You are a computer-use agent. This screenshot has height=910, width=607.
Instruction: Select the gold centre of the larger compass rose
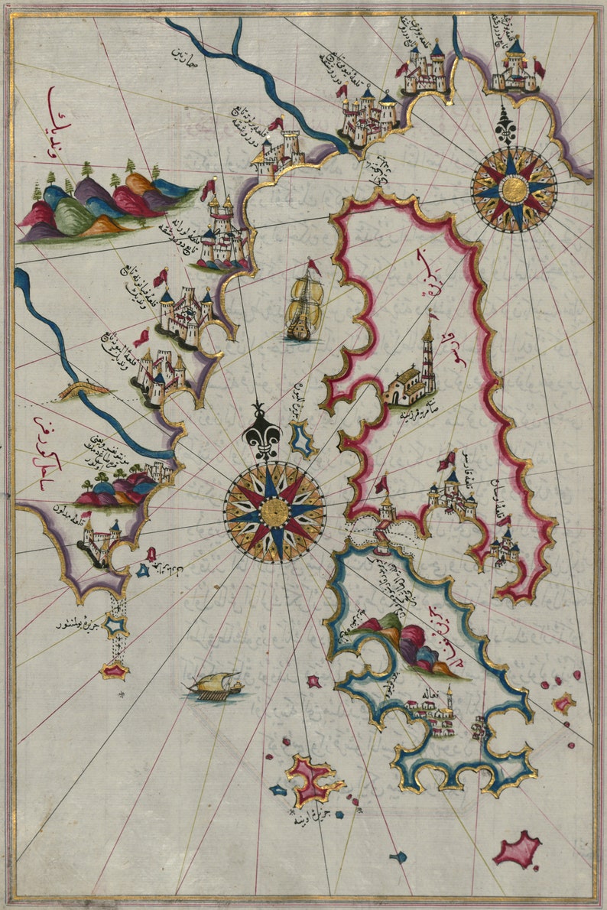pyautogui.click(x=274, y=512)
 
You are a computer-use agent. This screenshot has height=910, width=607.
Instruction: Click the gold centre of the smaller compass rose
pyautogui.click(x=514, y=189)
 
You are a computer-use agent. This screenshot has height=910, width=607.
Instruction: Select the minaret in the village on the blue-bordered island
pyautogui.click(x=450, y=702)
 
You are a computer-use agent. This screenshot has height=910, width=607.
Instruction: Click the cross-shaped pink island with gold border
pyautogui.click(x=312, y=778)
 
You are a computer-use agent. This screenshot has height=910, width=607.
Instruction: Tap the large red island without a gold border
pyautogui.click(x=518, y=850)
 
